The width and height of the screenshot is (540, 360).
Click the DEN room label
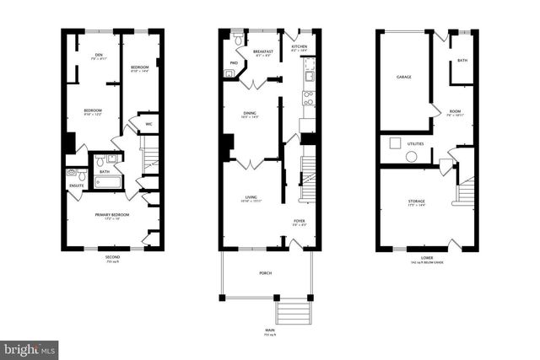[x=97, y=56]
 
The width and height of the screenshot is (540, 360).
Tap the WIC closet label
[x=148, y=124]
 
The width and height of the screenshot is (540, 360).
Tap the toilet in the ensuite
[x=73, y=175]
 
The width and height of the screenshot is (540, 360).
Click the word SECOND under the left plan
[x=112, y=256]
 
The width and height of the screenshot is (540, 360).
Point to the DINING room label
[x=250, y=113]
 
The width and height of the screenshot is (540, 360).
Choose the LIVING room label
[x=250, y=198]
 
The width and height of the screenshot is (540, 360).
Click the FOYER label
[x=300, y=221]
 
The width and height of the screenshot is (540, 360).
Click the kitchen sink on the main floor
[x=309, y=74]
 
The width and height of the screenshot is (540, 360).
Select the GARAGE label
[x=403, y=78]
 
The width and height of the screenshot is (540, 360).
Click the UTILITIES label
[x=415, y=144]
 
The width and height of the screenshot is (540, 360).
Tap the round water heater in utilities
[x=412, y=157]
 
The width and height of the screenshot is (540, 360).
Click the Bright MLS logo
[x=30, y=347]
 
